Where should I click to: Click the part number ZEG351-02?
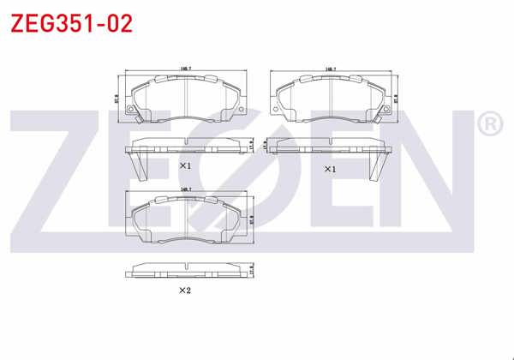pyautogui.click(x=71, y=23)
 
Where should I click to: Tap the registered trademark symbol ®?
pyautogui.click(x=487, y=126)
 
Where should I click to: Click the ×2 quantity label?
pyautogui.click(x=184, y=291)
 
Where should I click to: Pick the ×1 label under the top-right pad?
pyautogui.click(x=330, y=170)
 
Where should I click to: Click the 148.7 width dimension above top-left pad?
pyautogui.click(x=185, y=67)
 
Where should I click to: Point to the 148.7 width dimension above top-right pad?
pyautogui.click(x=331, y=67)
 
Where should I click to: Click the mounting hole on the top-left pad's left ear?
pyautogui.click(x=131, y=109)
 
